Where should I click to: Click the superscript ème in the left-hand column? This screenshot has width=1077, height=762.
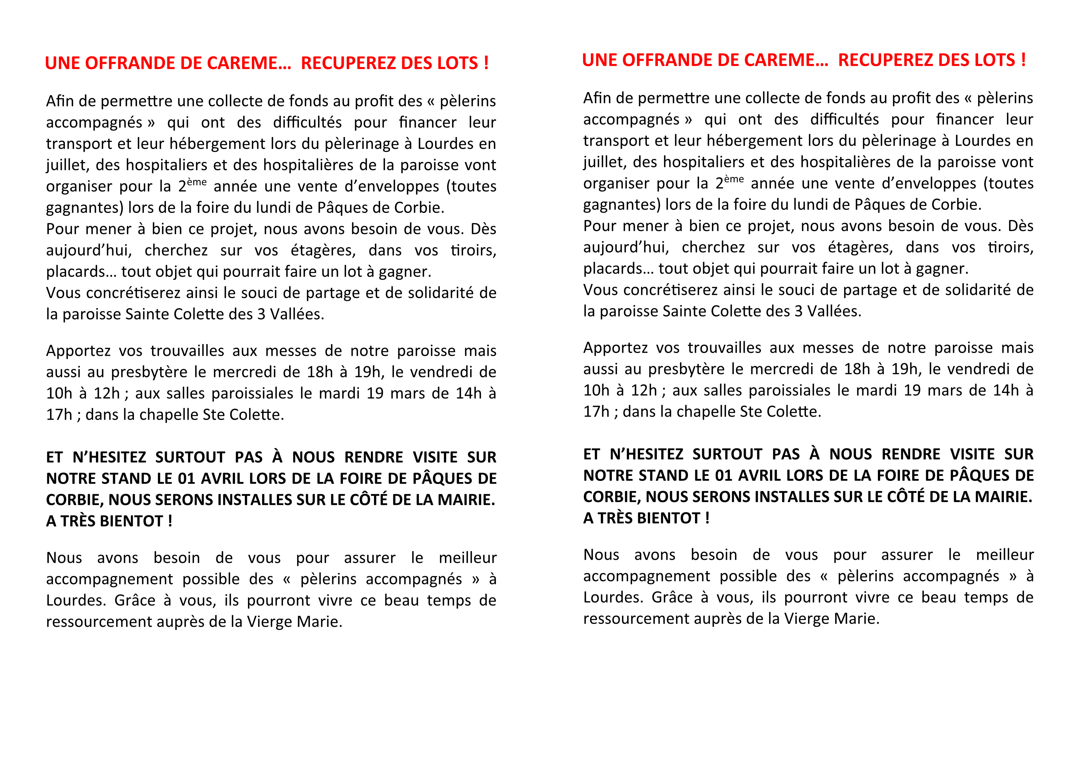[197, 182]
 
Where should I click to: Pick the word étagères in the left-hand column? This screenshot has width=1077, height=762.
[323, 250]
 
